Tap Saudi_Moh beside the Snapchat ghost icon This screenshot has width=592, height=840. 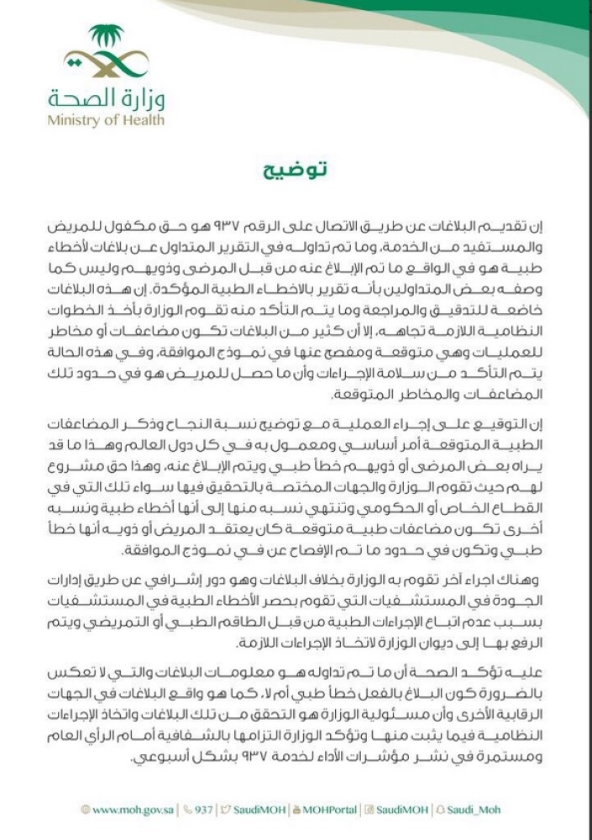(x=479, y=811)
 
